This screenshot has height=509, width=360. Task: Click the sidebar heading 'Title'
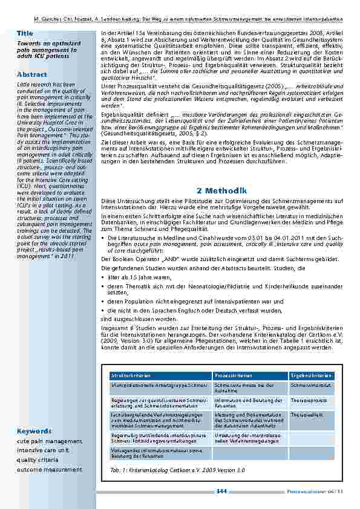pos(25,32)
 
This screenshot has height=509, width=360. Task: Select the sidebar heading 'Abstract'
pos(32,74)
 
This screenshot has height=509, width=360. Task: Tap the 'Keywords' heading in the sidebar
pos(35,431)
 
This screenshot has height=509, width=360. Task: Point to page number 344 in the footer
pos(221,491)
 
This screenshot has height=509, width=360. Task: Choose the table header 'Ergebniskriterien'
pos(311,375)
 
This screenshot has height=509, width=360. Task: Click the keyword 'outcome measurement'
pos(49,469)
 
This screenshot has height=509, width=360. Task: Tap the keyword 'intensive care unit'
pos(43,450)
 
